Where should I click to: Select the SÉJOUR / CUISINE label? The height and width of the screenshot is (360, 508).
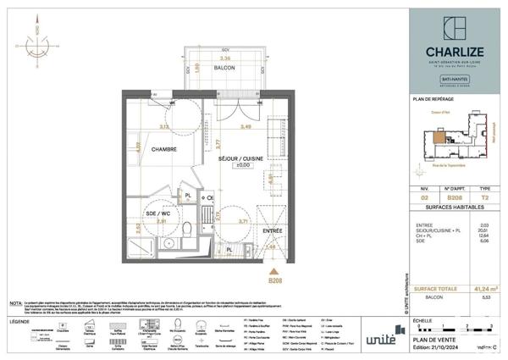tap(239, 158)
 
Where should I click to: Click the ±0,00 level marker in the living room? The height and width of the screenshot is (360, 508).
tap(245, 165)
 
